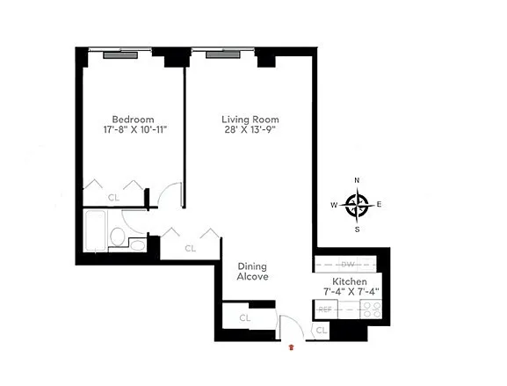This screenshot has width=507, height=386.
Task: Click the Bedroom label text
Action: [x=133, y=119]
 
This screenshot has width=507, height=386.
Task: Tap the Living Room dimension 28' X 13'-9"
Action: [x=250, y=130]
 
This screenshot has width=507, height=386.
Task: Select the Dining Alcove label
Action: [x=252, y=272]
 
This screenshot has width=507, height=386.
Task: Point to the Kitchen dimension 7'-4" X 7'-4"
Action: [x=351, y=292]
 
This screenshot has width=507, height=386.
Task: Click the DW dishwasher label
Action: [x=348, y=265]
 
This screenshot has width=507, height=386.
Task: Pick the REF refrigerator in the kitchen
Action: [x=325, y=310]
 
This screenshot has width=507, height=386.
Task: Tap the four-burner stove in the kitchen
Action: [x=371, y=310]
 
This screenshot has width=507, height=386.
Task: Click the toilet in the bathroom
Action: [x=117, y=237]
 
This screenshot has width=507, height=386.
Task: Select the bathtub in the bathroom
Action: [x=95, y=230]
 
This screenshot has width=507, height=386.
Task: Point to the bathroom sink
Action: [x=138, y=245]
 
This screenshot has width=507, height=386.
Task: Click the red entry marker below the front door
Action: [x=292, y=347]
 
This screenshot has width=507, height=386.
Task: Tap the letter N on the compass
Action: [x=357, y=180]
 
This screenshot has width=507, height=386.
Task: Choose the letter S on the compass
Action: [x=358, y=229]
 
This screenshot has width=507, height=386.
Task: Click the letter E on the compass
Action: [x=379, y=205]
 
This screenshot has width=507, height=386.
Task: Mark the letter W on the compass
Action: [x=334, y=205]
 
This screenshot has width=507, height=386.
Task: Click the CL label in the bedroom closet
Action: [x=113, y=197]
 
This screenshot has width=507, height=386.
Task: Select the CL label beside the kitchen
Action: [x=321, y=331]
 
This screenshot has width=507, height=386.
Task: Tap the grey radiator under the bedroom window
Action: [x=120, y=55]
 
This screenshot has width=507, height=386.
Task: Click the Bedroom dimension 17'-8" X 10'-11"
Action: [x=134, y=130]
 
